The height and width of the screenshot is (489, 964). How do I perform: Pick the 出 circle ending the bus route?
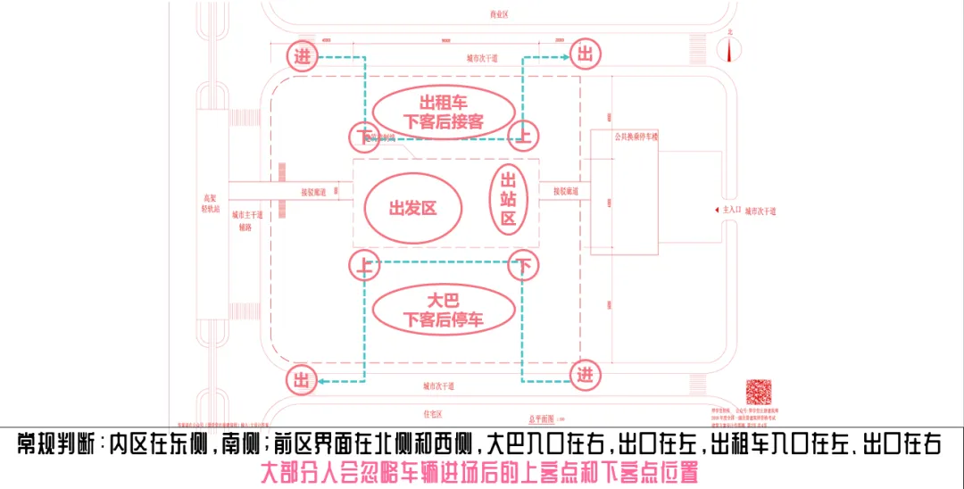[x=303, y=381]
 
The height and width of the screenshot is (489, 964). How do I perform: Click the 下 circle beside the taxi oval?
[x=362, y=136]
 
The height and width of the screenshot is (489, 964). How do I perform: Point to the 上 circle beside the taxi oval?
[x=524, y=136]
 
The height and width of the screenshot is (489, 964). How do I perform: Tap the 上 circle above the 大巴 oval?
[x=362, y=265]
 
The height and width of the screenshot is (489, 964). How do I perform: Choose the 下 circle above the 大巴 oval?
[x=524, y=265]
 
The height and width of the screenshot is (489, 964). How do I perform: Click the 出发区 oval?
[x=412, y=208]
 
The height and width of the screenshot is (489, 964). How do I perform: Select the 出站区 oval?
[x=509, y=201]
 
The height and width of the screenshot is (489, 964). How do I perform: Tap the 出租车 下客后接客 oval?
[x=444, y=112]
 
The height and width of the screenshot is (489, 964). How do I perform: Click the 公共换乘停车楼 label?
[x=635, y=137]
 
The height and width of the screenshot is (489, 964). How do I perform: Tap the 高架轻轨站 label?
[x=212, y=203]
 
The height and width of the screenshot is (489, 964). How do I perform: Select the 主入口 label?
[x=730, y=211]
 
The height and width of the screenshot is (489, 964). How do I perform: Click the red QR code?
[x=758, y=392]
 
